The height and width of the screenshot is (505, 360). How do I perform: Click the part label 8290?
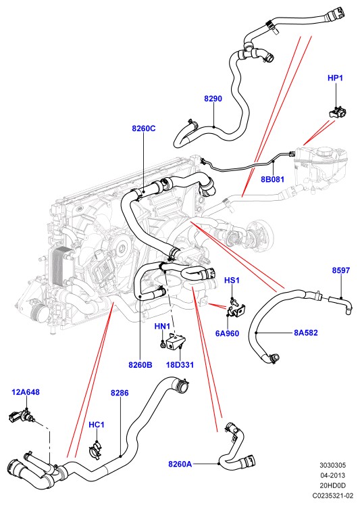213,98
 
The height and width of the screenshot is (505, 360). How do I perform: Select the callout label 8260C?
143,128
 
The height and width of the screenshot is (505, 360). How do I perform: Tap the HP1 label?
335,78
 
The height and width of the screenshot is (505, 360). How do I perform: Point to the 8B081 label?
272,178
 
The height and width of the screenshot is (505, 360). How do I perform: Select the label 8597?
340,270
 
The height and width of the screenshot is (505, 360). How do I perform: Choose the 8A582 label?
306,333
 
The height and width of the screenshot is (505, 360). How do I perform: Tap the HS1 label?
232,280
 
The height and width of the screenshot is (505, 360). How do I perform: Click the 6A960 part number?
227,333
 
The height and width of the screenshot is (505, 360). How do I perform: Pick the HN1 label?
162,327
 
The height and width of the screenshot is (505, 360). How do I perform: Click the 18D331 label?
180,364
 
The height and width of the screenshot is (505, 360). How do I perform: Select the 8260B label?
140,364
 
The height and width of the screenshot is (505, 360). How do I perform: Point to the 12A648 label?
26,392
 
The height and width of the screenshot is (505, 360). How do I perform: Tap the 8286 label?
120,393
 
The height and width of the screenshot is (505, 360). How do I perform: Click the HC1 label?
97,425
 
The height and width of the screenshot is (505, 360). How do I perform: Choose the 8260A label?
180,464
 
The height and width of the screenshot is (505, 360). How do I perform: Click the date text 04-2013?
332,475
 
